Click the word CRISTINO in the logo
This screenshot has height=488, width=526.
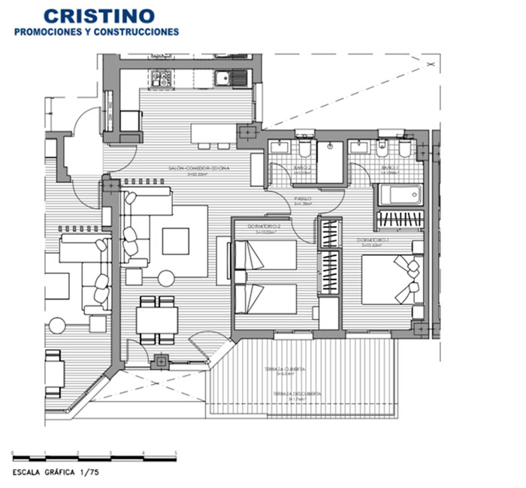[98, 15]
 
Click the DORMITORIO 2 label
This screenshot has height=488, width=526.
[268, 227]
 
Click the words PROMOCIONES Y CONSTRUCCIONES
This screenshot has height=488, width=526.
[98, 32]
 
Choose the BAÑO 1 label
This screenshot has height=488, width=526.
[388, 168]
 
